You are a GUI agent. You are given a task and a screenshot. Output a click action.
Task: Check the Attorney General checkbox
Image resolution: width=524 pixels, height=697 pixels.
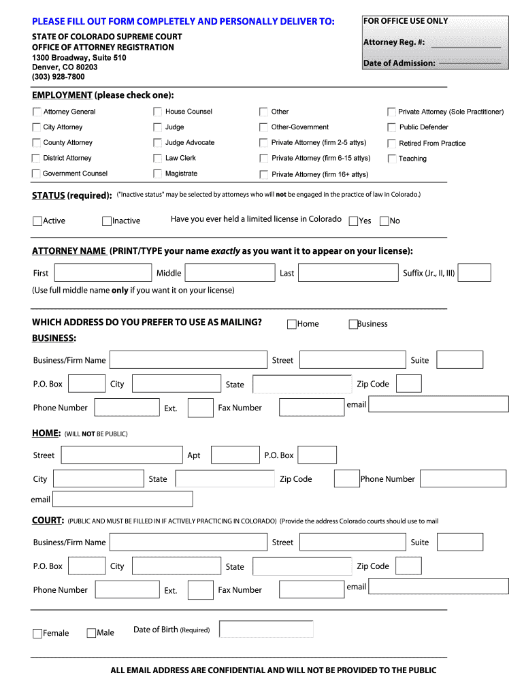[x=37, y=112]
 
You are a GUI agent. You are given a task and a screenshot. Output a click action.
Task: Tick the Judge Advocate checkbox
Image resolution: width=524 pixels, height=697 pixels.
[x=158, y=143]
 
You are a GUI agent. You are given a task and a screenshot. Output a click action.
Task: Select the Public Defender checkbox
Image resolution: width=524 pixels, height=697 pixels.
[x=392, y=127]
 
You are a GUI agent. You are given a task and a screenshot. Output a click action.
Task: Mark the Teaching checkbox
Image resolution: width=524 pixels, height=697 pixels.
[x=392, y=159]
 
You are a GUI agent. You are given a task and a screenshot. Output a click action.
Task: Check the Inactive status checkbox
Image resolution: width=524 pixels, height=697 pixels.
[x=107, y=221]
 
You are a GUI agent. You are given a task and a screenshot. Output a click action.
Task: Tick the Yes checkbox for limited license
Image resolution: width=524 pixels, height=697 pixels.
[x=353, y=221]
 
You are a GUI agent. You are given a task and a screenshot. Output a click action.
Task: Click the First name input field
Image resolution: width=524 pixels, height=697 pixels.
[x=103, y=273]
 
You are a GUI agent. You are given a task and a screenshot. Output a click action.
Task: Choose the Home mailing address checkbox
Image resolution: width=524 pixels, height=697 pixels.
[x=291, y=324]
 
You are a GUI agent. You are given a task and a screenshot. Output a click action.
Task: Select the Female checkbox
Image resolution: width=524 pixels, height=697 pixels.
[x=37, y=634]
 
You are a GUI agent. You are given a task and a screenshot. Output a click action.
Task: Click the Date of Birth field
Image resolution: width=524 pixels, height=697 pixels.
[x=266, y=630]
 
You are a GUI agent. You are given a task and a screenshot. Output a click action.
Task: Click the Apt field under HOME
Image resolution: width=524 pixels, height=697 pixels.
[x=235, y=455]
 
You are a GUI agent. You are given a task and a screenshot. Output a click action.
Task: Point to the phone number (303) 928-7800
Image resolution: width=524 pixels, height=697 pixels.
[x=59, y=77]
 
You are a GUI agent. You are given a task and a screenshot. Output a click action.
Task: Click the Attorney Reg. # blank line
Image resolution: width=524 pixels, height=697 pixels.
[x=466, y=45]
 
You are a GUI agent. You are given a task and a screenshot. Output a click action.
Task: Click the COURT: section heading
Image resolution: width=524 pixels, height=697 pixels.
[x=48, y=521]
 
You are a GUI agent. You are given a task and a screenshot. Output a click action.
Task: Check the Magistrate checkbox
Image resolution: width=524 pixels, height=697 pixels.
[x=158, y=174]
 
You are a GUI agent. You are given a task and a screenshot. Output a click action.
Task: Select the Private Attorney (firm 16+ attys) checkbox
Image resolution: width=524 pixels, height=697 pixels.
[x=263, y=174]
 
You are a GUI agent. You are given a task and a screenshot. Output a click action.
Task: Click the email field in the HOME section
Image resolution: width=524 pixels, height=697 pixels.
[x=122, y=499]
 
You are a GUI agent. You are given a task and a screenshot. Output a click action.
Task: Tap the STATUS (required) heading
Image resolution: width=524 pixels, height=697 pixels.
[x=71, y=196]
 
